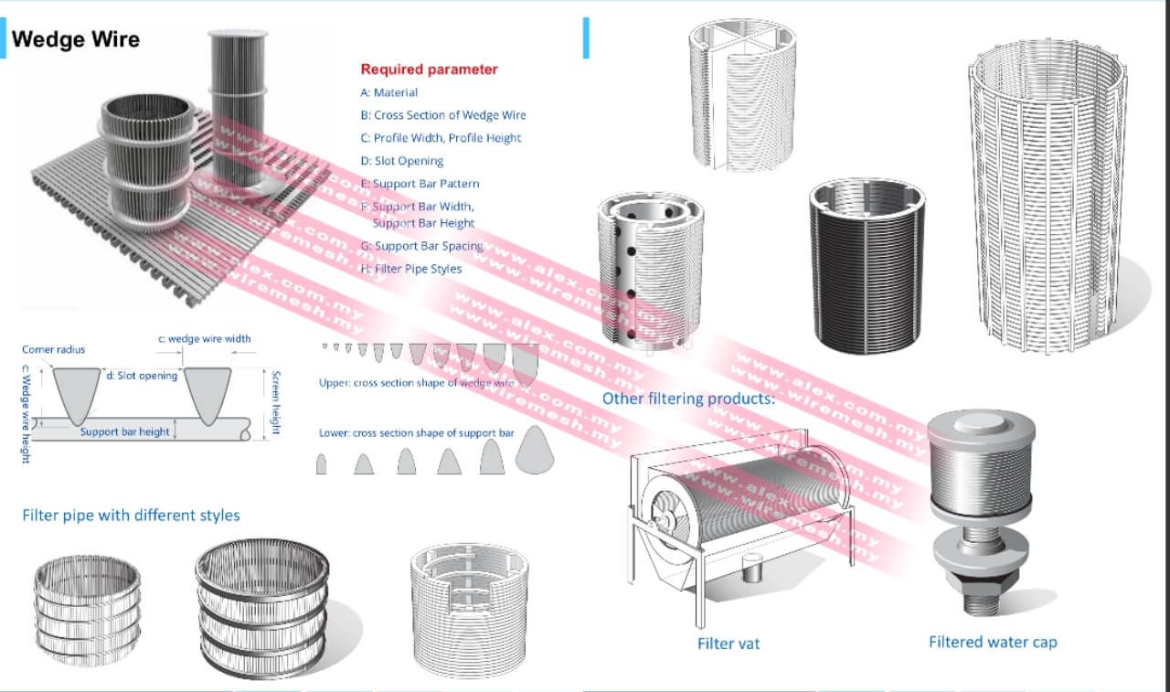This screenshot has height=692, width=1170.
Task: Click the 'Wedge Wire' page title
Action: [x=76, y=39]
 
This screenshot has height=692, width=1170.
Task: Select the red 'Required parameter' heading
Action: [x=429, y=69]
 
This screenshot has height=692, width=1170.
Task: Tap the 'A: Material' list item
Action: [x=389, y=92]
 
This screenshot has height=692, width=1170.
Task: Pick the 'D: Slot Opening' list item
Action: [x=402, y=161]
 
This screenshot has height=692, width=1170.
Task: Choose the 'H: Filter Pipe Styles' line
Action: [x=411, y=269]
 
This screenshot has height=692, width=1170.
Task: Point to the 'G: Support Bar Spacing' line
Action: [x=421, y=246]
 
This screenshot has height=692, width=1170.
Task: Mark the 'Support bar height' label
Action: [x=124, y=431]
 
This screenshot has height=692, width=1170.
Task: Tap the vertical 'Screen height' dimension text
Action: [x=275, y=402]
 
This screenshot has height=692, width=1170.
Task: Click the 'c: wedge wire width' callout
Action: [x=204, y=339]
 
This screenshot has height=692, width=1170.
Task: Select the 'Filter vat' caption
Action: [x=728, y=644]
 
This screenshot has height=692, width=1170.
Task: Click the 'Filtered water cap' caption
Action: [x=993, y=642]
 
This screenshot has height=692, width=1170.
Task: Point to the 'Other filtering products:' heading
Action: [x=688, y=399]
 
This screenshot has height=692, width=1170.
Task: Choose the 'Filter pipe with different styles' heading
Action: [x=131, y=516]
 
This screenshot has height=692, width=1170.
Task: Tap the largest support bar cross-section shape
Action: [x=534, y=452]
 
